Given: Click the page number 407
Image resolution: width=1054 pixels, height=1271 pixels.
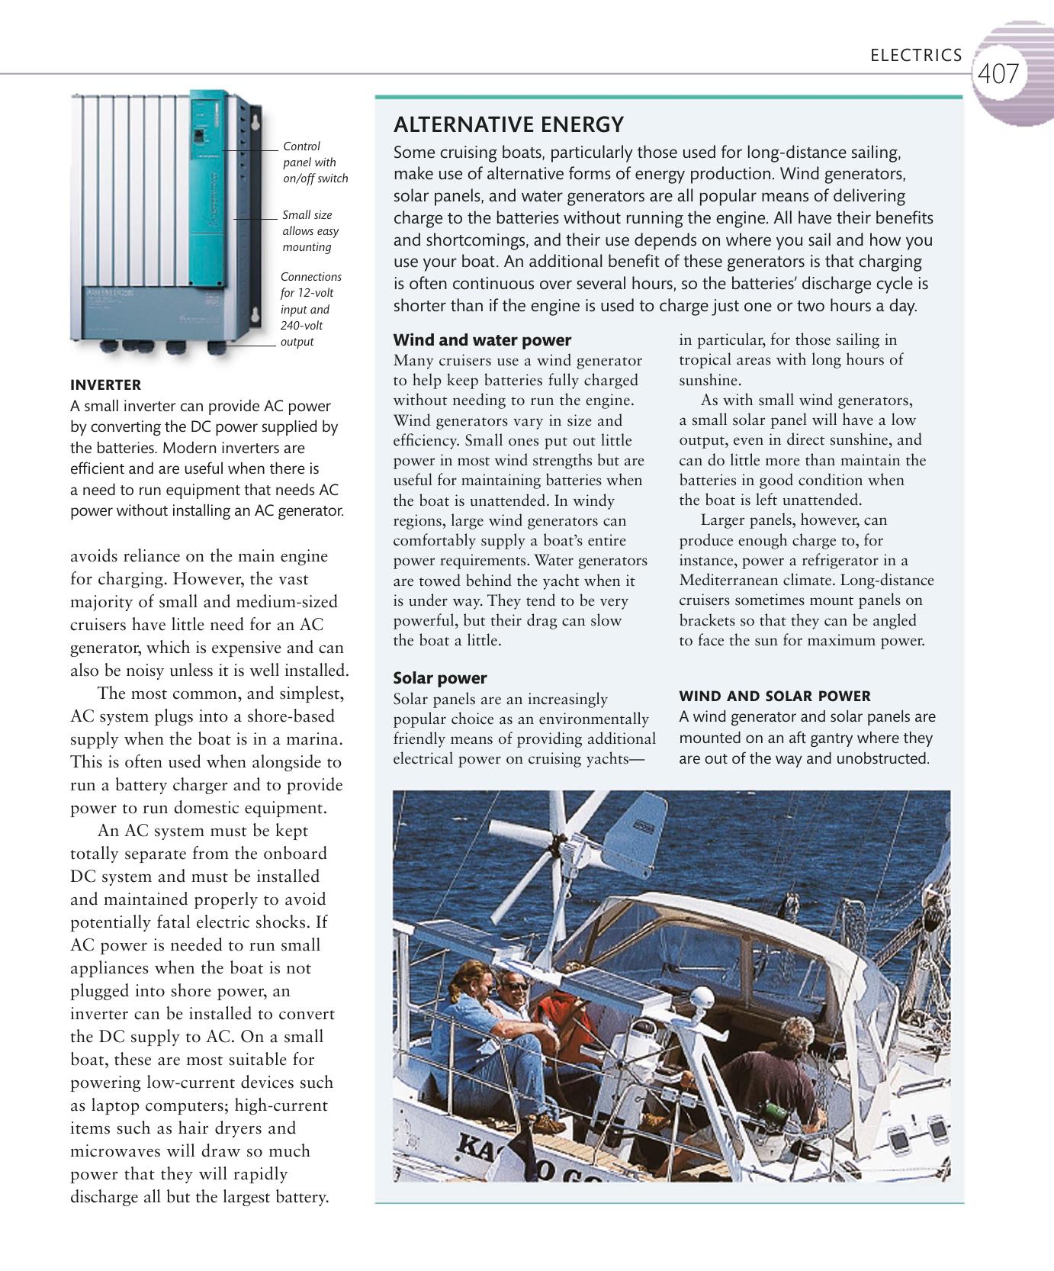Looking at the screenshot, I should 998,75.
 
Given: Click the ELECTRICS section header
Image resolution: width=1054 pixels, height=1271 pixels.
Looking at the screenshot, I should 916,56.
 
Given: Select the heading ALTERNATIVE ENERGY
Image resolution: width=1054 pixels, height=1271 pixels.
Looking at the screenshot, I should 508,124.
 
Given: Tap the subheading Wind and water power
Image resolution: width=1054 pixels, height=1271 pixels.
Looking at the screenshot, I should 482,340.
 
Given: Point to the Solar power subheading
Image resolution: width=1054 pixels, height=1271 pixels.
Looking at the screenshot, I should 439,678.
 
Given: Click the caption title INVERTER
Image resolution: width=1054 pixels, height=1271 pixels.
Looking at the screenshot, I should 105,385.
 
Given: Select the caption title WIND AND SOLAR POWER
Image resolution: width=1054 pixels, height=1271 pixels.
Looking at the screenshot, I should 774,696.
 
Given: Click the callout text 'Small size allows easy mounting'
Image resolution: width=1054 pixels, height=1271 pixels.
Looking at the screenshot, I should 310,231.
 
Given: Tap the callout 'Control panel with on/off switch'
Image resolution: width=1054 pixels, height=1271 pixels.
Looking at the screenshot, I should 314,162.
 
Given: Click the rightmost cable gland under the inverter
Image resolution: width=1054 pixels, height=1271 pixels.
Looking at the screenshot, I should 217,347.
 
